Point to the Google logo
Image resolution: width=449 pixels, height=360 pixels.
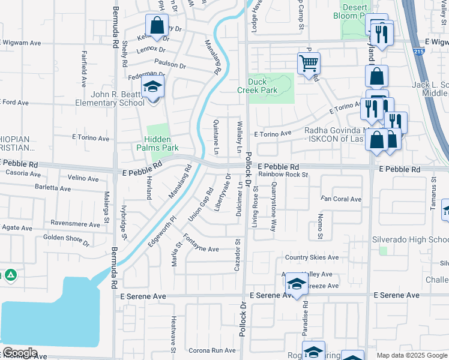pyautogui.click(x=19, y=353)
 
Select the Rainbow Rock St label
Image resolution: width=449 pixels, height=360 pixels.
pyautogui.click(x=283, y=175)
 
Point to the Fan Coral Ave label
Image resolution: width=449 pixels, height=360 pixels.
pyautogui.click(x=341, y=199)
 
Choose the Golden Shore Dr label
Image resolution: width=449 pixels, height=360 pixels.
pyautogui.click(x=66, y=241)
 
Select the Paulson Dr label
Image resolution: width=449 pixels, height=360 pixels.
pyautogui.click(x=170, y=64)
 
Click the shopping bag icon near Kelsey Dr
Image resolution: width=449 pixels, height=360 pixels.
pyautogui.click(x=156, y=26)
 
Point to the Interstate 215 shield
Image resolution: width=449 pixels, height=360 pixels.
pyautogui.click(x=418, y=53)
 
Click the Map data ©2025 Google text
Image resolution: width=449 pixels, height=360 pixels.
pyautogui.click(x=411, y=355)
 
